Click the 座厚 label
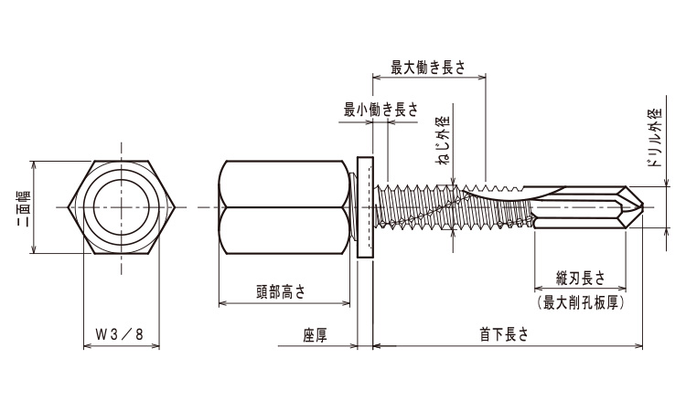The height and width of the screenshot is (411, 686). pos(315,335)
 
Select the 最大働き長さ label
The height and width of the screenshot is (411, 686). pos(428,66)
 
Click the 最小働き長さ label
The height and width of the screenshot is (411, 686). pos(381,110)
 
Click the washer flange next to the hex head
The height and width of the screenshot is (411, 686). pos(364,208)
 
